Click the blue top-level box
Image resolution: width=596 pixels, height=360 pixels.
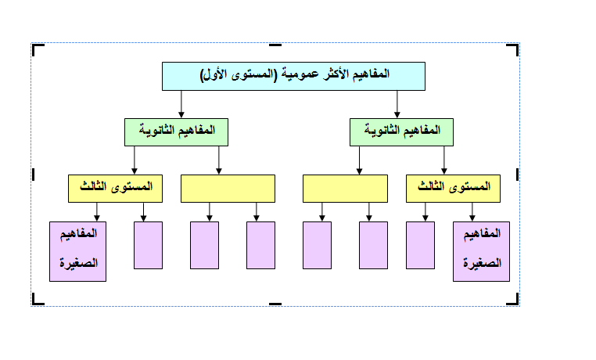coord(293,76)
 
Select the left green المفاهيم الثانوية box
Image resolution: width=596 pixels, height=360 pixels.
coord(176,131)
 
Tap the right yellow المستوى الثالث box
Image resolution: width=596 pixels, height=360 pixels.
coord(453,188)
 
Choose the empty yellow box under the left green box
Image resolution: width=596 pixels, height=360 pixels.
coord(228,189)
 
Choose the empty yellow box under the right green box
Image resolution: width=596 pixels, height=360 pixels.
coord(345,189)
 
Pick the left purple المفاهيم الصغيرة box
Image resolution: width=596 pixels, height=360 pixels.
coord(77,250)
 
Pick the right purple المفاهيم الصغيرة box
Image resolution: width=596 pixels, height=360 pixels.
coord(481,250)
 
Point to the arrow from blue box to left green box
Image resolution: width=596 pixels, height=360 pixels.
coord(181,103)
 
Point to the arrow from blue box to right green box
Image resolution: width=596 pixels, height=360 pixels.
coord(397,103)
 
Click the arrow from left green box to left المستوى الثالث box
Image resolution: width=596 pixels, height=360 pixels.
coord(135,160)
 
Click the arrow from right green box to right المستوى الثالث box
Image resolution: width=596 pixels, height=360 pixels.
coord(444,160)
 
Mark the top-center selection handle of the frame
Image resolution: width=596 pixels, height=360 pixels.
coord(275,45)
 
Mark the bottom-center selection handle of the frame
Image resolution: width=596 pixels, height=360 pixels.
coord(275,303)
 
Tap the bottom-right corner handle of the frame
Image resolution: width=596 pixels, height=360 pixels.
coord(513,300)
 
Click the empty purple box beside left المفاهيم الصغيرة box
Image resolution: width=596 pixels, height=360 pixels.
coord(149,245)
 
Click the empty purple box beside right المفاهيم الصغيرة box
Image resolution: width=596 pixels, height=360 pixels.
coord(421,245)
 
